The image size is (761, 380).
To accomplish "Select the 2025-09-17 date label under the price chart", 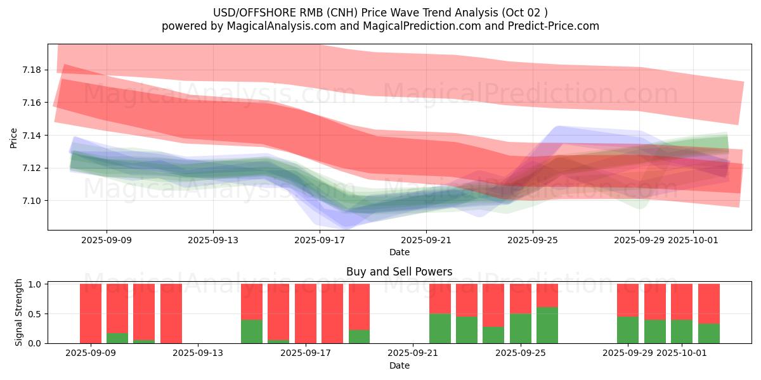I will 320,240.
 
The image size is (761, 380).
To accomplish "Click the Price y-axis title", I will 14,137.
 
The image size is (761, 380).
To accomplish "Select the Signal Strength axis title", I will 19,312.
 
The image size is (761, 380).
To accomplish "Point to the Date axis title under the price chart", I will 400,252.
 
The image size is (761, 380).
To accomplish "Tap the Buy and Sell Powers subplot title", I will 400,272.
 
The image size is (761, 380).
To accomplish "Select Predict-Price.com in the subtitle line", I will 552,26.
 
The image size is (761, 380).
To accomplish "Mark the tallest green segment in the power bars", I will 547,325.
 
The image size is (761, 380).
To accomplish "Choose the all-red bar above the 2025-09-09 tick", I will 91,313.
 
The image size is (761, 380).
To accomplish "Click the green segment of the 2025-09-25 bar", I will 521,328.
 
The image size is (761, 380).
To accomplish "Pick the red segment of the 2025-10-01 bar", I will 682,301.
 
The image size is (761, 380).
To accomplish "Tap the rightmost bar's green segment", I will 709,333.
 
